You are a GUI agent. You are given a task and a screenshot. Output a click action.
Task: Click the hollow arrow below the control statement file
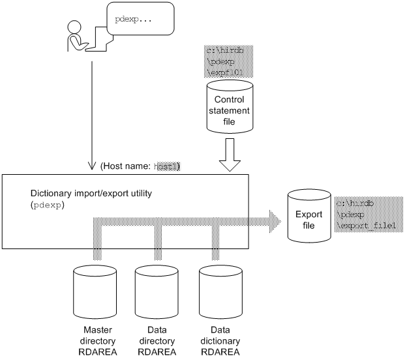[229, 153]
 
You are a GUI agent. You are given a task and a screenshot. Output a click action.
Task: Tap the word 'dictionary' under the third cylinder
[220, 341]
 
